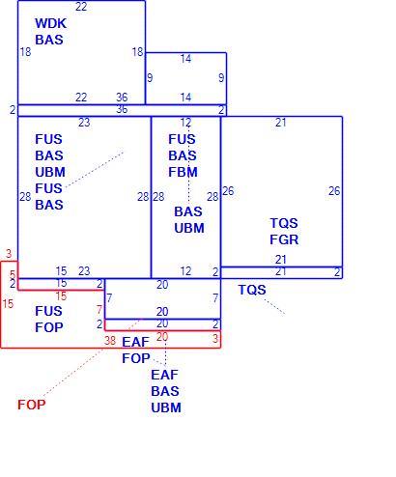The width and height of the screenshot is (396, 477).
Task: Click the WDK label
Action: tap(50, 23)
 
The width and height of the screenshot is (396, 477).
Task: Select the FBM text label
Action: tap(183, 172)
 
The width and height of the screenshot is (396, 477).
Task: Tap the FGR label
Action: tap(284, 239)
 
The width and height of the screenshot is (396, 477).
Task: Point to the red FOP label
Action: tap(32, 405)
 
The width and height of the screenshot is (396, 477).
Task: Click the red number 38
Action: tap(110, 341)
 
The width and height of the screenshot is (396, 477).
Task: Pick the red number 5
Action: tap(13, 274)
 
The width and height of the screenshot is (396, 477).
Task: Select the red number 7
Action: tap(99, 310)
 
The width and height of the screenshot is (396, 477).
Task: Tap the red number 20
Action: tap(162, 337)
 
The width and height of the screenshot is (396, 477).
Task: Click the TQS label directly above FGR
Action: tap(284, 223)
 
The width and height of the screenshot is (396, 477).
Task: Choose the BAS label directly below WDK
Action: tap(49, 40)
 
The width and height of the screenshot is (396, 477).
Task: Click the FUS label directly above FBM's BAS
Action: tap(182, 139)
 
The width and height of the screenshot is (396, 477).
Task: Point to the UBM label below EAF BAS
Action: tap(166, 407)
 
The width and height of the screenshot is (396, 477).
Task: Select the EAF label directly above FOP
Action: tap(135, 342)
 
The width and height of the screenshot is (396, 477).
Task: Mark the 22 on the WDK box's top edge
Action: tap(81, 7)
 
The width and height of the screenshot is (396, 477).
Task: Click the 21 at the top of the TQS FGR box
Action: tap(281, 123)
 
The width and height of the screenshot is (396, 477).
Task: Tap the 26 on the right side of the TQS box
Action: tap(334, 191)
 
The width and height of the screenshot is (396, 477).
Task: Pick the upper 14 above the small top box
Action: tap(185, 59)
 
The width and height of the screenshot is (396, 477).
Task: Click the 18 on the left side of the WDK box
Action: tap(25, 52)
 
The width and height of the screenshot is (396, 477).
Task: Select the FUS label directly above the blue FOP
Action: tap(48, 311)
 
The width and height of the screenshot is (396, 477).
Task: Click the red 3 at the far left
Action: tap(9, 254)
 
